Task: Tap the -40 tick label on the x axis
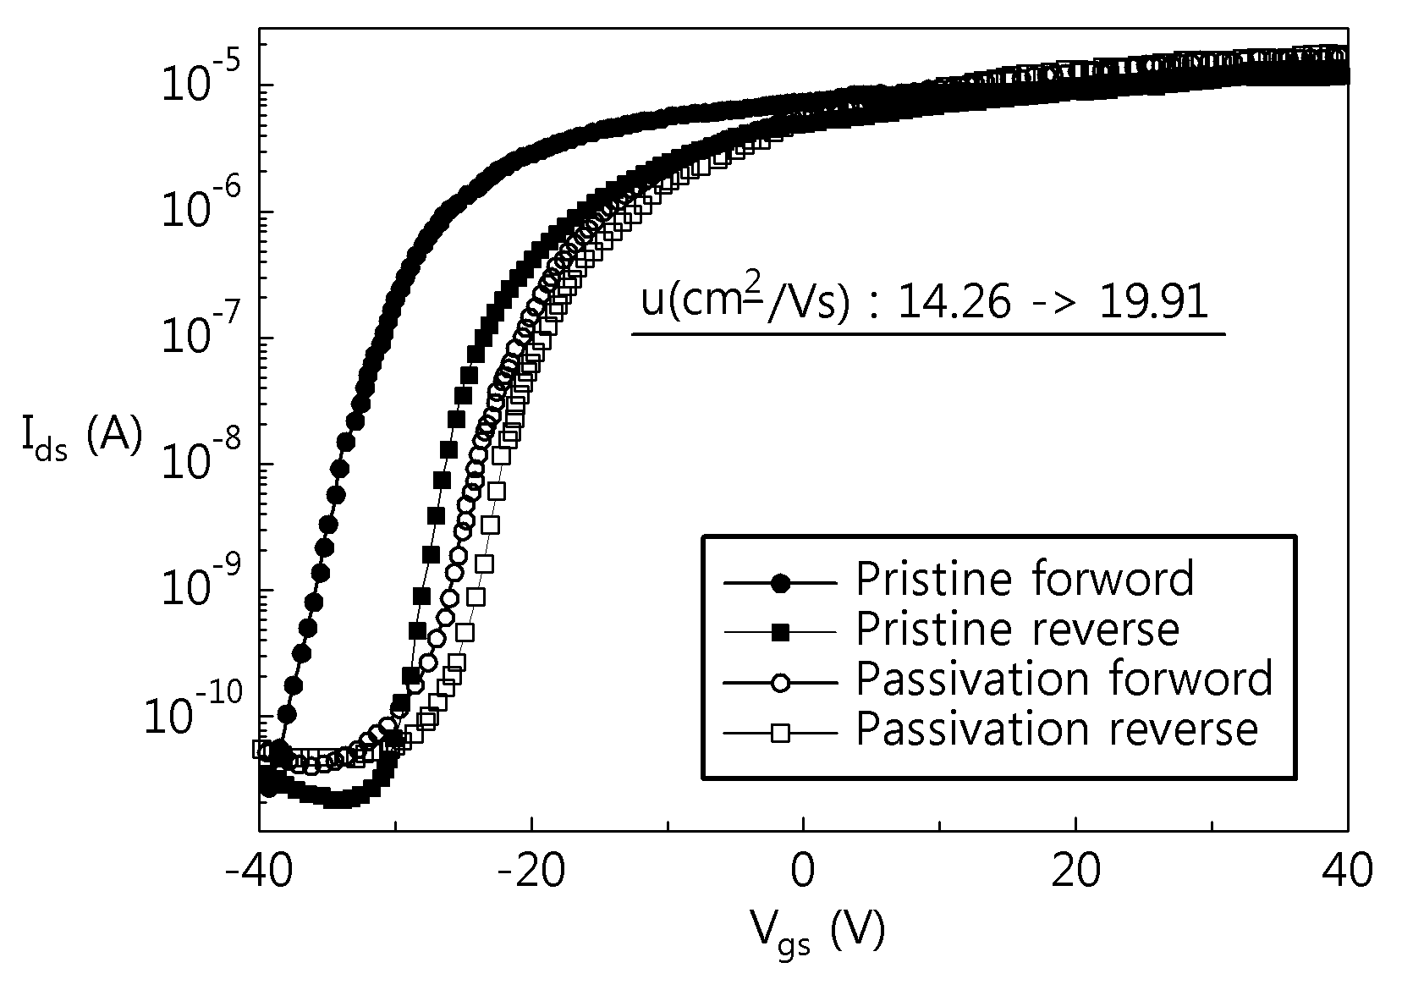click(x=259, y=871)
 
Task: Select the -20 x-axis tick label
click(x=531, y=871)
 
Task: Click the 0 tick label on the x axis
click(x=803, y=871)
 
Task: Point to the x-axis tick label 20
click(x=1075, y=871)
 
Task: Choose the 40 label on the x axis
click(x=1347, y=871)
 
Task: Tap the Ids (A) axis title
click(x=82, y=438)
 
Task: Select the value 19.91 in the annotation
click(x=1153, y=304)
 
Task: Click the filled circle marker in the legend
click(x=780, y=583)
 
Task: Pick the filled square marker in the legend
click(x=780, y=633)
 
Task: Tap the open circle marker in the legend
click(x=780, y=683)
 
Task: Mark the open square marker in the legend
click(x=780, y=733)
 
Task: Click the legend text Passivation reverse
click(x=1057, y=729)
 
